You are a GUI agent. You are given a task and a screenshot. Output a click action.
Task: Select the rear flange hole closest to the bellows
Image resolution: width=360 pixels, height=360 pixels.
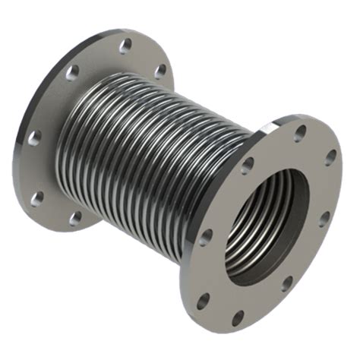(x=160, y=71)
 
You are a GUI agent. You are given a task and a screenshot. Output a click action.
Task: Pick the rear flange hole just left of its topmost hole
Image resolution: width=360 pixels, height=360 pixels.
(x=73, y=73)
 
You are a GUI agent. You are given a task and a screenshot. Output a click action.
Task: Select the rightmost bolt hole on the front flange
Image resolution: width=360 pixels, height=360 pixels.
(x=330, y=159)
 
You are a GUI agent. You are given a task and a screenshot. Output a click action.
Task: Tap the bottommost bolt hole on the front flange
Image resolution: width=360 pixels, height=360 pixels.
(x=238, y=317)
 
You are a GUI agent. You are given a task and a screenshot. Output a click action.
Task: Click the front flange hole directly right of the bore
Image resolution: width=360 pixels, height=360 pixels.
(x=325, y=219)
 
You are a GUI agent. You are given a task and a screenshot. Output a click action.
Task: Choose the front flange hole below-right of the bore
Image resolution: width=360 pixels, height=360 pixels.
(x=287, y=284)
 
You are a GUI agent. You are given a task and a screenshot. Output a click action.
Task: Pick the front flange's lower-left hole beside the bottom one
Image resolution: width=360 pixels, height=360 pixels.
(x=203, y=301)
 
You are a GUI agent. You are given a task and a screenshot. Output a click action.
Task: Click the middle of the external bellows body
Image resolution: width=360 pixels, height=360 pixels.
(x=152, y=152)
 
